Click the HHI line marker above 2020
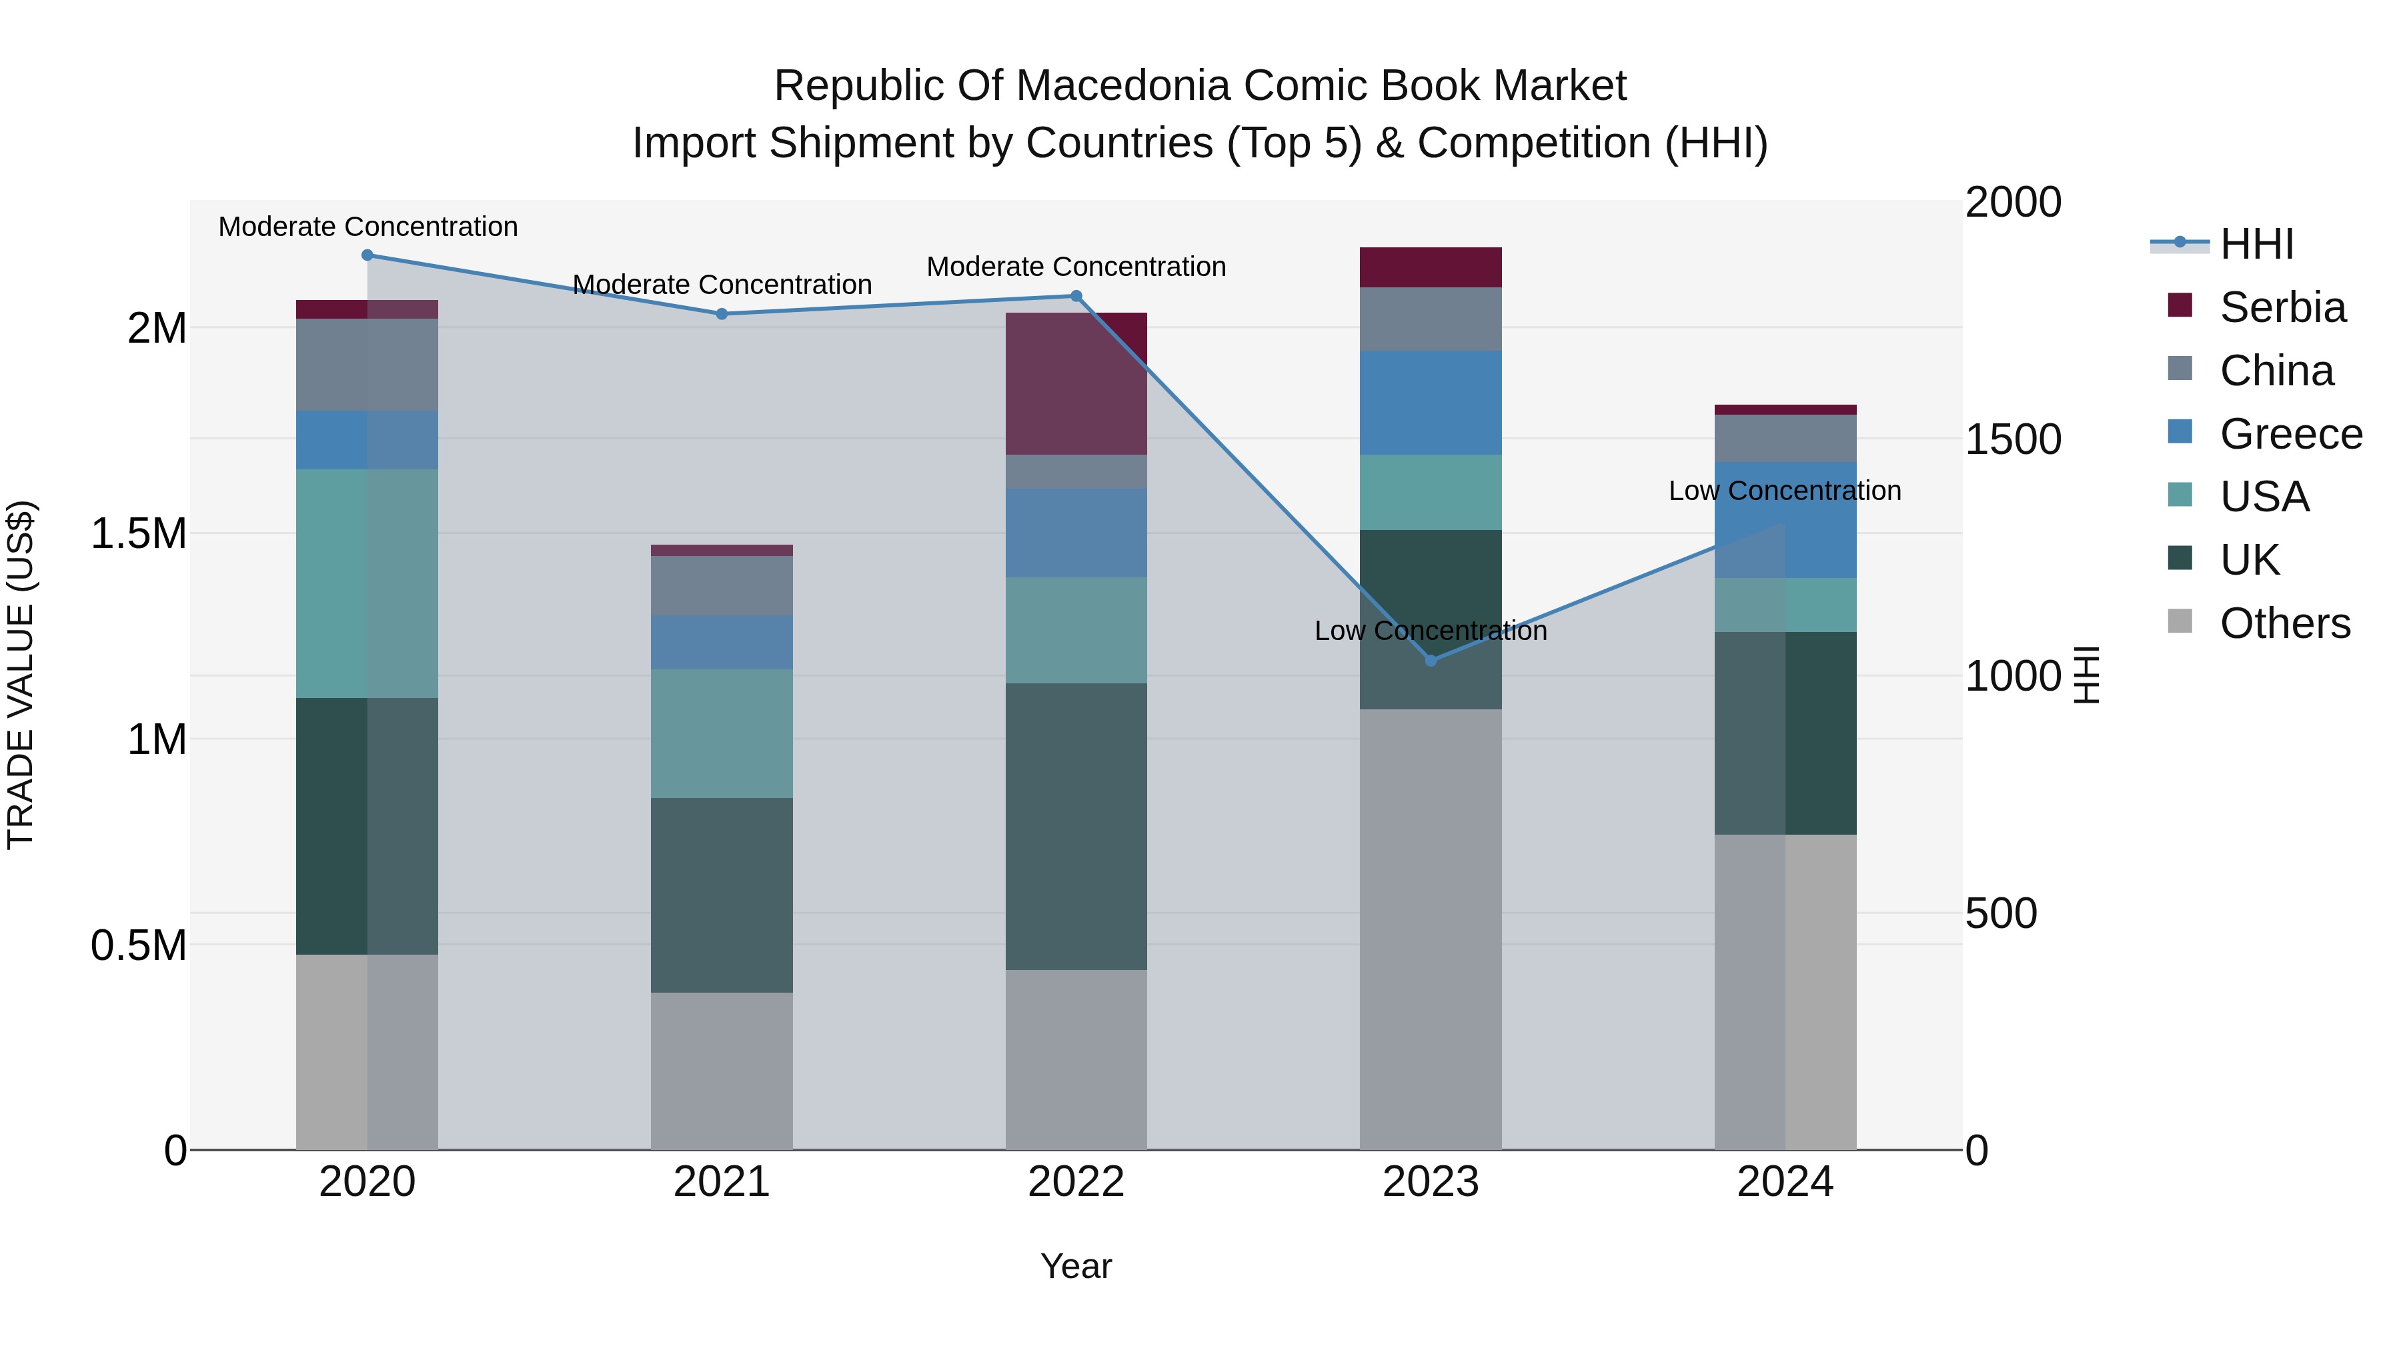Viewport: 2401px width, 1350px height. coord(367,255)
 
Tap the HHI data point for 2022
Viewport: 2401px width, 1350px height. coord(1076,296)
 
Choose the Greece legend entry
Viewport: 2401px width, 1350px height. coord(2290,434)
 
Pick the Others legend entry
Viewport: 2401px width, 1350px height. coord(2284,623)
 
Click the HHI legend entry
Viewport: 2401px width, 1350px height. coord(2256,244)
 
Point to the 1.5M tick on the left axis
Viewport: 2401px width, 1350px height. coord(139,534)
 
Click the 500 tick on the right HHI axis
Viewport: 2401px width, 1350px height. coord(2000,913)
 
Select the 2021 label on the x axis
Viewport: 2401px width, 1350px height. coord(722,1182)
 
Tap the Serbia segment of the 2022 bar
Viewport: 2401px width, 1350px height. coord(1076,383)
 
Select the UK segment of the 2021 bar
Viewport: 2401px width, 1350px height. coord(722,895)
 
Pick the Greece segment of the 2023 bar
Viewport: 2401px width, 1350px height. coord(1431,403)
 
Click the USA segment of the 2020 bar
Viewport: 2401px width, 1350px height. coord(367,583)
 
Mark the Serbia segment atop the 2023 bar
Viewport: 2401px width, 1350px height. coord(1431,267)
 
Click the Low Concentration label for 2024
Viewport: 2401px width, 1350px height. coord(1784,491)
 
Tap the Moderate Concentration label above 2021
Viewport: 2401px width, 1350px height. coord(722,284)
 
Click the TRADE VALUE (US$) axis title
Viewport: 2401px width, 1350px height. coord(21,675)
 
